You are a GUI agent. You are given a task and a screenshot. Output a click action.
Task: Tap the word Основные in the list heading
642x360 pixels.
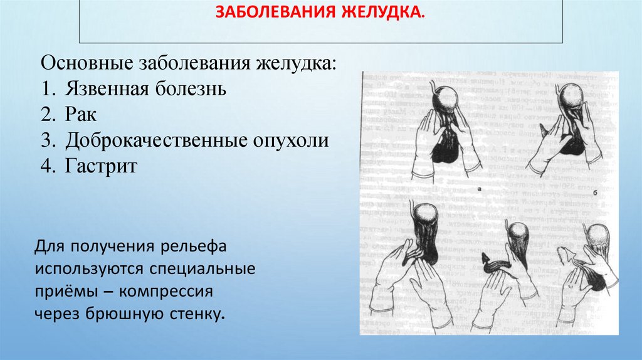(x=82, y=64)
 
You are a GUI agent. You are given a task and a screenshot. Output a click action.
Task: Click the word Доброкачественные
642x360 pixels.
(x=151, y=141)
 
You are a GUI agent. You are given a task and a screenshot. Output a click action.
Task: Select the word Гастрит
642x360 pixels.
(x=100, y=167)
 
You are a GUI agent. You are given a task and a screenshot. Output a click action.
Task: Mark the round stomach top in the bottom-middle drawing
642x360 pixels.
(x=520, y=234)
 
